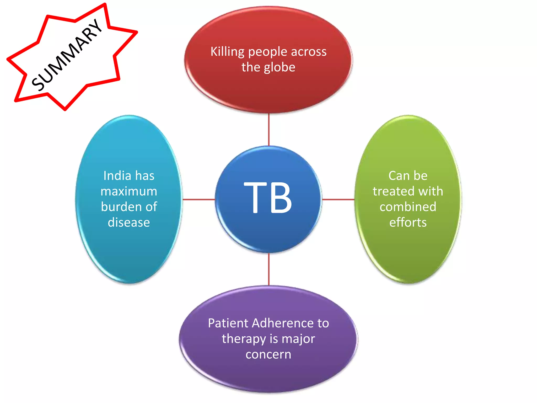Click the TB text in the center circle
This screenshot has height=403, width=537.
click(268, 197)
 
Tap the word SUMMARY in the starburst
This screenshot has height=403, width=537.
click(67, 55)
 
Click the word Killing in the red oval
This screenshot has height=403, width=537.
click(227, 52)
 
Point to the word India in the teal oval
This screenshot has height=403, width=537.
click(117, 176)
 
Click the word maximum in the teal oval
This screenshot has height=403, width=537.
click(129, 191)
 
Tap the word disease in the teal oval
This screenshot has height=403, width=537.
click(129, 222)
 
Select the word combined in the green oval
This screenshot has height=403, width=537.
click(408, 207)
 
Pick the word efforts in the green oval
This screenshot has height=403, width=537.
click(408, 222)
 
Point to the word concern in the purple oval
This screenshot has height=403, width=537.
click(268, 354)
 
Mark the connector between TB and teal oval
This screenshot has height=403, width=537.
click(198, 199)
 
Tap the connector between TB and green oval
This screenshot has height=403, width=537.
click(338, 199)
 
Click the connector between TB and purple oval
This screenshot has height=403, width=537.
click(269, 269)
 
